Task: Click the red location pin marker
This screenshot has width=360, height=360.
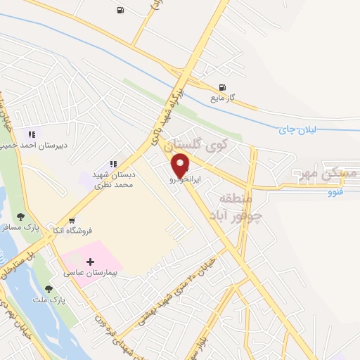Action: (x=181, y=165)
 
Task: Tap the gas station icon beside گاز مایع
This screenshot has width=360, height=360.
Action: (x=223, y=88)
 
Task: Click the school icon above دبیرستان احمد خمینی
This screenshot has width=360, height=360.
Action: (x=31, y=134)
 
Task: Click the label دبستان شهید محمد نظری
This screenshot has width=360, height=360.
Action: (x=112, y=179)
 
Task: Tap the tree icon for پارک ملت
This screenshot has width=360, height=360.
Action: (x=49, y=288)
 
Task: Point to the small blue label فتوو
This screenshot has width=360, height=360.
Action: (x=336, y=191)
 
